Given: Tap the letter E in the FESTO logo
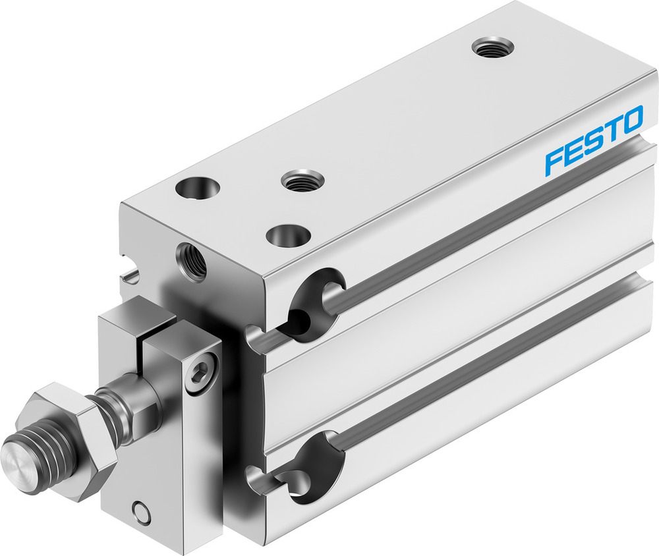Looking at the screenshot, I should click(572, 152).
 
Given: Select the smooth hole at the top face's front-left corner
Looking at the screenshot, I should click(197, 189).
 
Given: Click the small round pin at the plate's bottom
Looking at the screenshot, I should click(138, 511).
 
